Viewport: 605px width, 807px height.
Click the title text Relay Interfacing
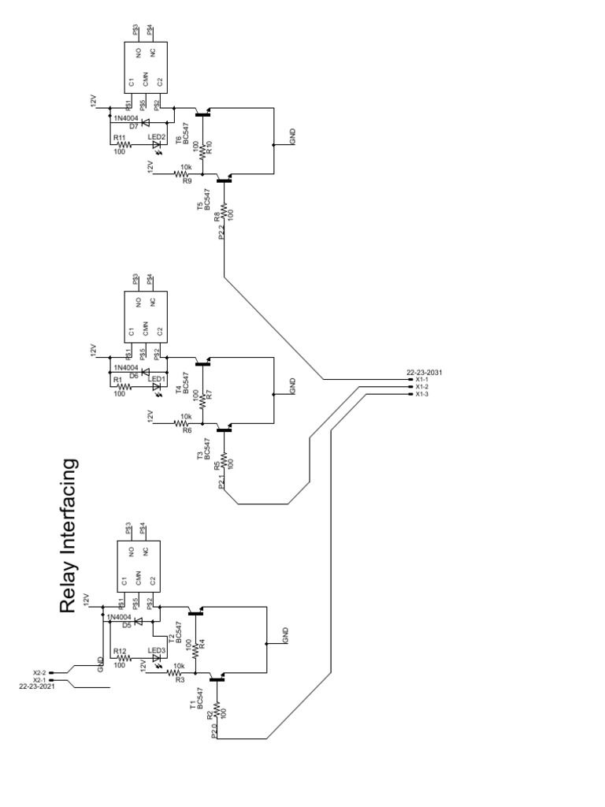click(x=69, y=536)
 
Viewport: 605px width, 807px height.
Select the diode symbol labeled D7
click(x=144, y=121)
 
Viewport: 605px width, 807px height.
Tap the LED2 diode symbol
click(x=156, y=144)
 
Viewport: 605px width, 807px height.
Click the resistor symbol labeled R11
click(x=122, y=144)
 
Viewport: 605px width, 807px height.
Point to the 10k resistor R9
click(x=186, y=174)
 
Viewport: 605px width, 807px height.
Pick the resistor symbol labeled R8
click(x=225, y=210)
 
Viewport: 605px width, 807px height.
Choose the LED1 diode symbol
click(x=156, y=386)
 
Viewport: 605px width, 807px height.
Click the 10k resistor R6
click(x=186, y=424)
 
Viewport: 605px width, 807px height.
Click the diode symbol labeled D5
click(x=139, y=621)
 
